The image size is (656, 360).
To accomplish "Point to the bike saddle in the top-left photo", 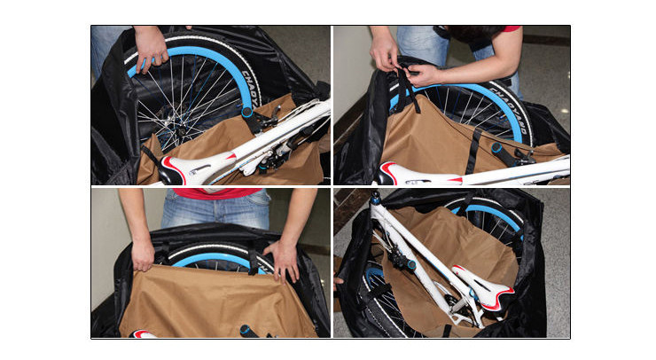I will pyautogui.click(x=191, y=170).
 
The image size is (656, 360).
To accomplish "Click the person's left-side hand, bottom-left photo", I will pyautogui.click(x=142, y=254).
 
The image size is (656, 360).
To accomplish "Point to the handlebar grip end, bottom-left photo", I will pyautogui.click(x=249, y=332).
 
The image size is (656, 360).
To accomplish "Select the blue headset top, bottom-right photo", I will pyautogui.click(x=377, y=199).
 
